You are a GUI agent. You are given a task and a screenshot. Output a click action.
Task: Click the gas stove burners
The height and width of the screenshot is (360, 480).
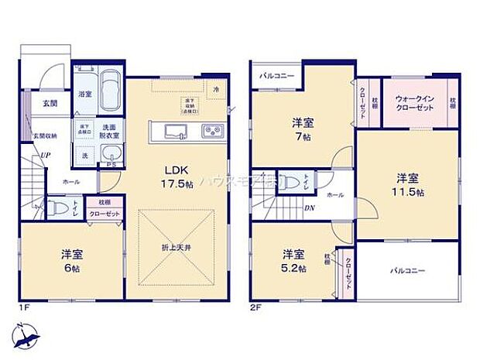coord(211,130)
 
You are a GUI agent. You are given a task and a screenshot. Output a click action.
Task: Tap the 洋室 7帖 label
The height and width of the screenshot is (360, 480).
coord(303,128)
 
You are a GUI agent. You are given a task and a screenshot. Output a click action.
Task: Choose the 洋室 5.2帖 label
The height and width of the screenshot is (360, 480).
coord(292,261)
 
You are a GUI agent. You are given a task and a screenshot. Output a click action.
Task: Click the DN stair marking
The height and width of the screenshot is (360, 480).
coord(308,207)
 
